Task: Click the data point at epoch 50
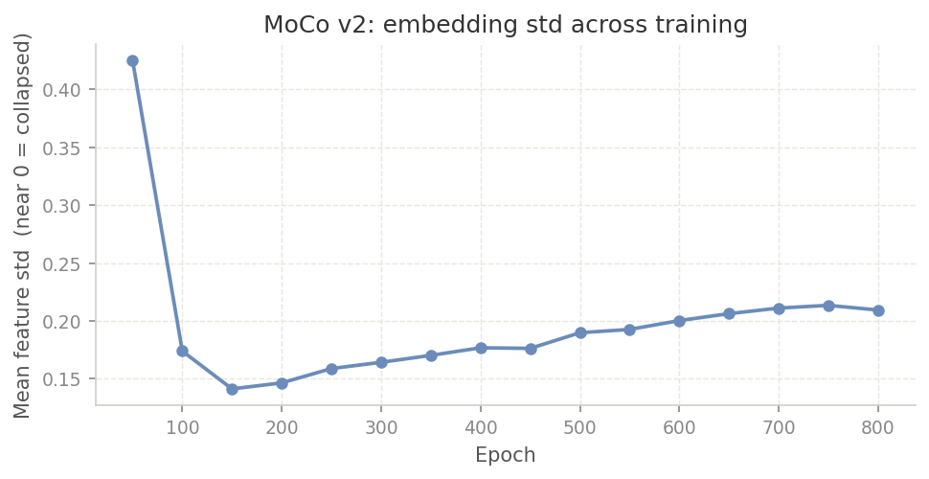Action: point(132,60)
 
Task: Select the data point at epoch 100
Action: point(182,351)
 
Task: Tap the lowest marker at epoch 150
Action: point(232,389)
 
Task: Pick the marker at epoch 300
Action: point(381,362)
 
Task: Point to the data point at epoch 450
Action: point(531,349)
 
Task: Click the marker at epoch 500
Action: point(580,332)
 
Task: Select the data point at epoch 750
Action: point(828,306)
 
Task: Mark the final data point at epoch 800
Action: point(878,310)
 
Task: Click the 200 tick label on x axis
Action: point(282,427)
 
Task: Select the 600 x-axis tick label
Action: point(679,427)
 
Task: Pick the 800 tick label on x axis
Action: point(878,427)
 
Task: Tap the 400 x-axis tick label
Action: point(481,427)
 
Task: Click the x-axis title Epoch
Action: point(506,455)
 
